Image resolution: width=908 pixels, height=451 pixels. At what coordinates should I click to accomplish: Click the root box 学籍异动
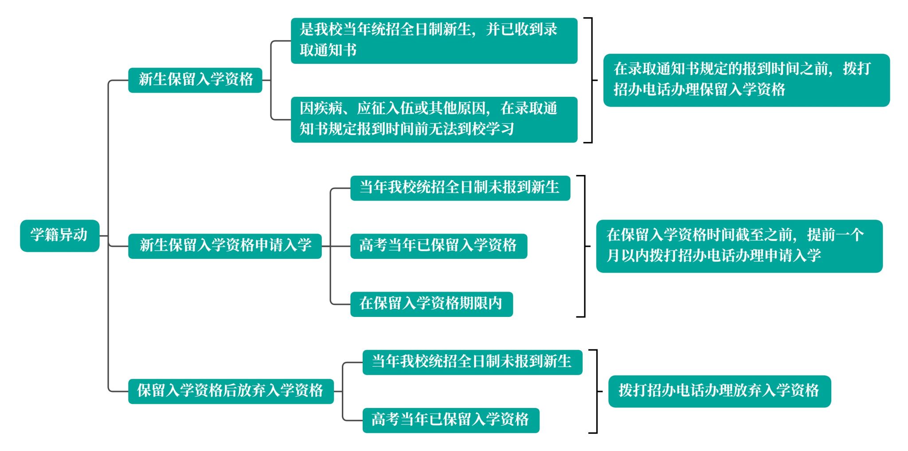[x=59, y=235]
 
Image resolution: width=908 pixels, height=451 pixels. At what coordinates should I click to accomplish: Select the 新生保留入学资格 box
[x=195, y=80]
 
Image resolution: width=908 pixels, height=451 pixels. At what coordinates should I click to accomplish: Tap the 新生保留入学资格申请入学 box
[x=225, y=246]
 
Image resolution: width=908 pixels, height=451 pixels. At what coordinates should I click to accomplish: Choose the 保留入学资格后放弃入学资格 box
[x=231, y=391]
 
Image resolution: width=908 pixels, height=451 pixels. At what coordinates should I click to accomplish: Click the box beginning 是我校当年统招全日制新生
[x=434, y=40]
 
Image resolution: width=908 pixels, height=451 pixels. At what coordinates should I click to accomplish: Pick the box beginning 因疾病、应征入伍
[x=434, y=119]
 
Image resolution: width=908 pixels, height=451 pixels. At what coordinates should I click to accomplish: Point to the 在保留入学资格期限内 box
[x=431, y=304]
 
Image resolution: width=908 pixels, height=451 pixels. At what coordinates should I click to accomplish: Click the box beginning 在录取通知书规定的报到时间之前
[x=746, y=80]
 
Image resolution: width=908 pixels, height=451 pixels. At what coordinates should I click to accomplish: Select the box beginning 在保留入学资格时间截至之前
[x=739, y=246]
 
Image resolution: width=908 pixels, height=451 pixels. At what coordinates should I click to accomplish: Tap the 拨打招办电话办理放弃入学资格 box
[x=719, y=391]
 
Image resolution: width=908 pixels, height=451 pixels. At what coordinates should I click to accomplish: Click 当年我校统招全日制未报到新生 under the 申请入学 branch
[x=460, y=188]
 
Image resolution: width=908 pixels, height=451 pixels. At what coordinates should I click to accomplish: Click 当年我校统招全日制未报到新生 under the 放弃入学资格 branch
[x=472, y=362]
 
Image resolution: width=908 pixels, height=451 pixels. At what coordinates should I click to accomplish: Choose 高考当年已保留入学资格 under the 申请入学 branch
[x=438, y=246]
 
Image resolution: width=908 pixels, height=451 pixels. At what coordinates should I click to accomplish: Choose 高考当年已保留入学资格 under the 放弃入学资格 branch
[x=450, y=420]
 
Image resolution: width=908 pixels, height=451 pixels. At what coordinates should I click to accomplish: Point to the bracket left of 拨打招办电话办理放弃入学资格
[x=596, y=391]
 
